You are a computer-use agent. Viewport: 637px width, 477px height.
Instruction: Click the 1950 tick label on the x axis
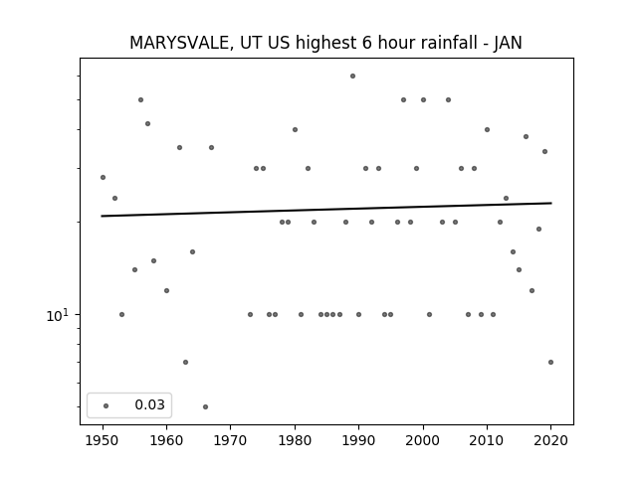click(x=103, y=440)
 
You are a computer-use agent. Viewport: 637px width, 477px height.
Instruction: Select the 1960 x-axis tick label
click(x=166, y=440)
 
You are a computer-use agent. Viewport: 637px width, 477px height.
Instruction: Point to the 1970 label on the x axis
click(x=230, y=440)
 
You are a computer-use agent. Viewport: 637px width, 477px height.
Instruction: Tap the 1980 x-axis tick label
click(x=295, y=440)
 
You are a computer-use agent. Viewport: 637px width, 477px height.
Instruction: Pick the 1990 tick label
click(x=358, y=440)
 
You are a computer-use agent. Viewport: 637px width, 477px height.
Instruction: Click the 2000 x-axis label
click(x=423, y=440)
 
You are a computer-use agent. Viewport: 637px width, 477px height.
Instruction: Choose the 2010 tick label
click(x=487, y=440)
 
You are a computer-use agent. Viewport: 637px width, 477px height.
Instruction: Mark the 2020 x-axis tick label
click(x=550, y=440)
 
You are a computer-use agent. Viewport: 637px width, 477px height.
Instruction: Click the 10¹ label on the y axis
click(x=58, y=315)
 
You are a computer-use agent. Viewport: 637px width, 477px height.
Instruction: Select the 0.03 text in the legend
click(x=150, y=404)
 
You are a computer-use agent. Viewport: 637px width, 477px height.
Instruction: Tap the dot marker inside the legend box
click(x=106, y=405)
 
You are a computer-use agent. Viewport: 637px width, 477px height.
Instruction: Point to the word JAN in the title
click(x=508, y=43)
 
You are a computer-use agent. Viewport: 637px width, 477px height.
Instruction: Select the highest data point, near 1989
click(x=352, y=76)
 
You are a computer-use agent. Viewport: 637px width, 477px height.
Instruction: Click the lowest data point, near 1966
click(x=206, y=406)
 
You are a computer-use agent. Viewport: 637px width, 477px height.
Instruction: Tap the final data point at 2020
click(x=550, y=362)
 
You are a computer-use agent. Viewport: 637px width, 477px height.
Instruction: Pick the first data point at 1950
click(x=103, y=177)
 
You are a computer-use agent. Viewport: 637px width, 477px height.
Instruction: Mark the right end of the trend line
click(x=551, y=203)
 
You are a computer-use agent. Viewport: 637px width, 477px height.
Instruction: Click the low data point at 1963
click(x=186, y=362)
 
